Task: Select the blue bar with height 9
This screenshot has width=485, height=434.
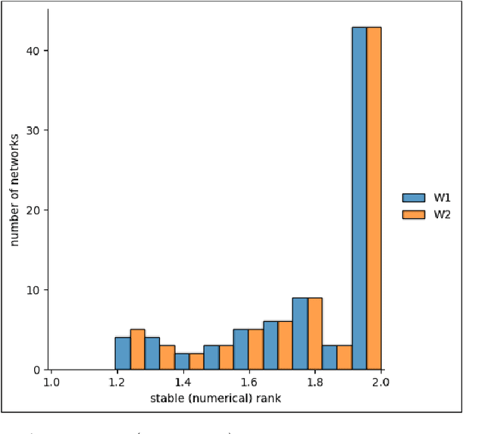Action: [x=299, y=333]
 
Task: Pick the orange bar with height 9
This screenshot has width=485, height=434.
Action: [x=314, y=333]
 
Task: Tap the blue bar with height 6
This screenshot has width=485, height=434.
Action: [x=270, y=345]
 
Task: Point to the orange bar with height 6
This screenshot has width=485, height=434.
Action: [x=285, y=345]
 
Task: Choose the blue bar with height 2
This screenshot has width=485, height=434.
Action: [x=182, y=361]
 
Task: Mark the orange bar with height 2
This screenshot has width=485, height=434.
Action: [x=196, y=361]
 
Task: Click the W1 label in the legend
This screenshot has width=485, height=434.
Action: [x=443, y=198]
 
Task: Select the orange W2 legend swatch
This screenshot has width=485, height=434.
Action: [x=414, y=214]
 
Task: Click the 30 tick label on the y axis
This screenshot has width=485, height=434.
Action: [x=34, y=130]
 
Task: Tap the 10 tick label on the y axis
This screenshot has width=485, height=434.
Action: [x=34, y=290]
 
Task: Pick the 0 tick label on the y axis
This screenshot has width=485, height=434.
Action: [x=37, y=370]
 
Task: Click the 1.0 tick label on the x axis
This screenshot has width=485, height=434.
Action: [x=51, y=382]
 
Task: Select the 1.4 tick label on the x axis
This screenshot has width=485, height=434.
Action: [x=182, y=382]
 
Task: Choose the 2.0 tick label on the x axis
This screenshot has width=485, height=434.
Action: [x=380, y=382]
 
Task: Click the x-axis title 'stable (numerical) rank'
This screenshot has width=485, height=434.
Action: [x=215, y=398]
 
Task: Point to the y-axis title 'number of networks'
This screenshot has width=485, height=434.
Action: [x=14, y=189]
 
